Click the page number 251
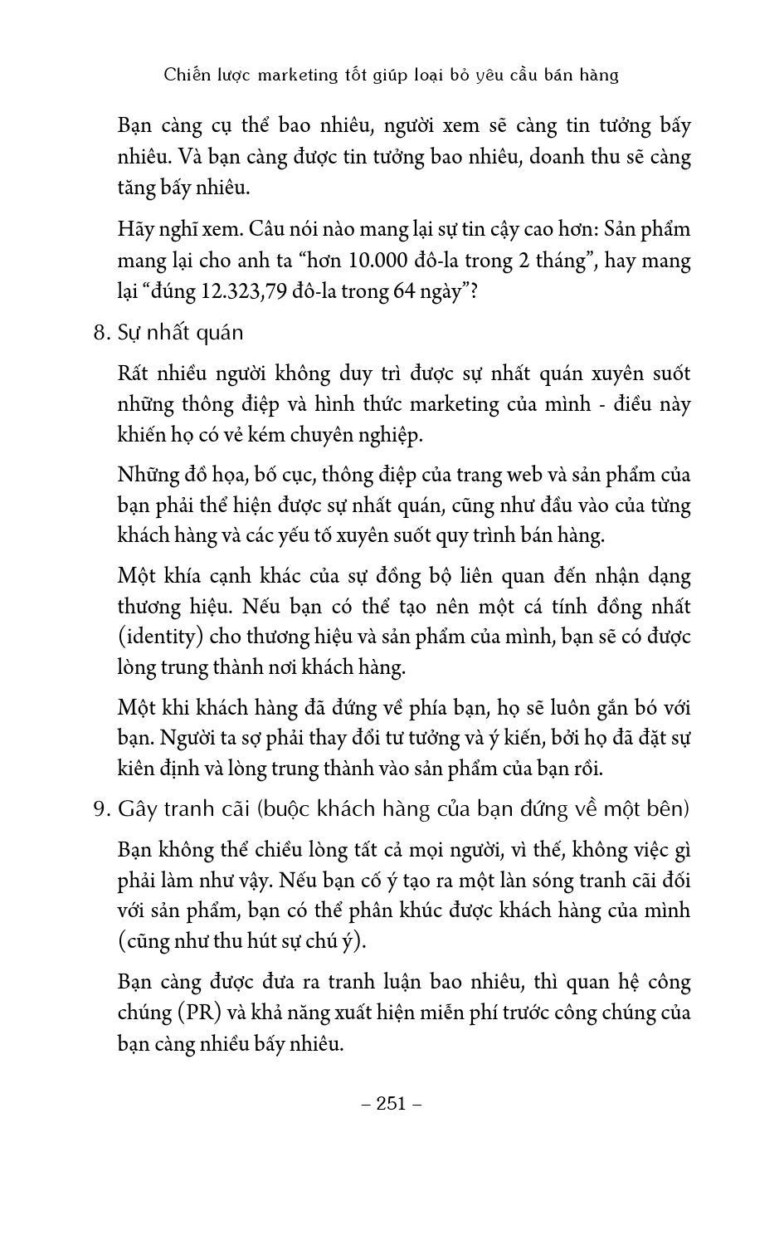(x=392, y=1103)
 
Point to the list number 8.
(x=100, y=333)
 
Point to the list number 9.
(x=100, y=809)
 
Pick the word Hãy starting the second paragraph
(x=136, y=229)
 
